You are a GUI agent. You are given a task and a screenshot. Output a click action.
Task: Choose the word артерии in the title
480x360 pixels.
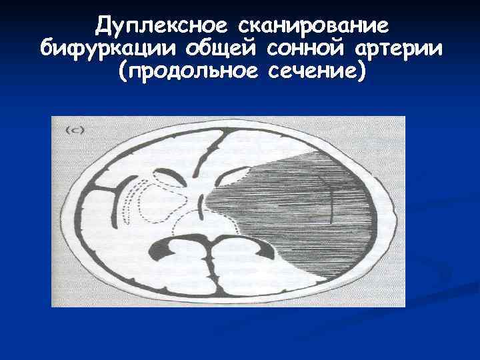tap(401, 49)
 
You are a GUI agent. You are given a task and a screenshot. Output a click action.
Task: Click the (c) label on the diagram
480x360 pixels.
tap(73, 131)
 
